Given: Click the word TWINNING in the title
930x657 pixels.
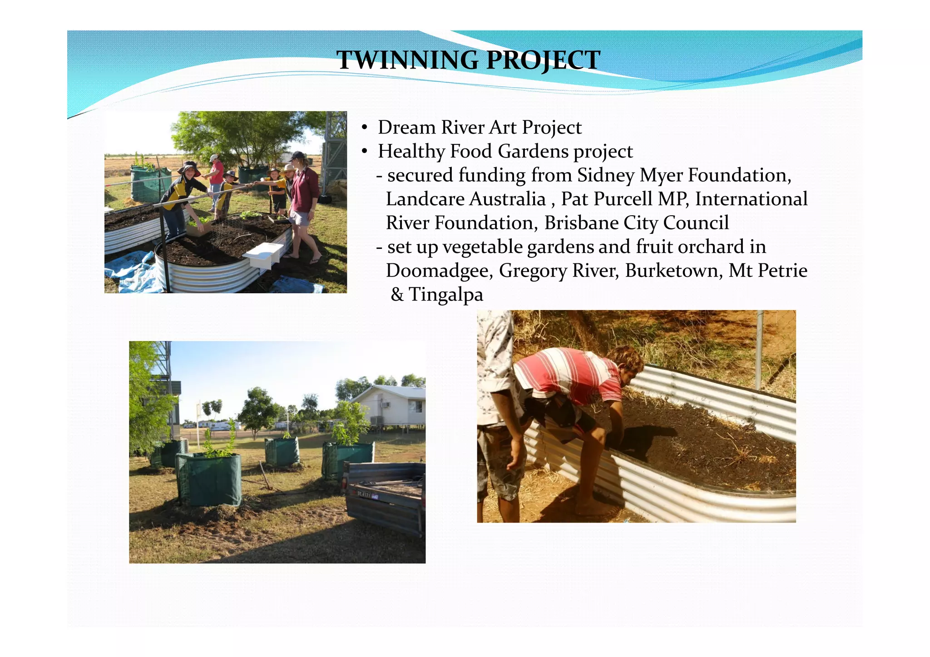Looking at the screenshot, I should (407, 60).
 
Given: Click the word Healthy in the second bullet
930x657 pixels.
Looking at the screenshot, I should (411, 152).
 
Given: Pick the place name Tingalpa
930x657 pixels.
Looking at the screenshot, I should (445, 295).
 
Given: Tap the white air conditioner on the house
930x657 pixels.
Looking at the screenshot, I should (386, 405).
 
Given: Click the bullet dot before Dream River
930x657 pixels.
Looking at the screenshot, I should (364, 128).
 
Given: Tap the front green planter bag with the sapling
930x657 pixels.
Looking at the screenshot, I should (209, 479).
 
